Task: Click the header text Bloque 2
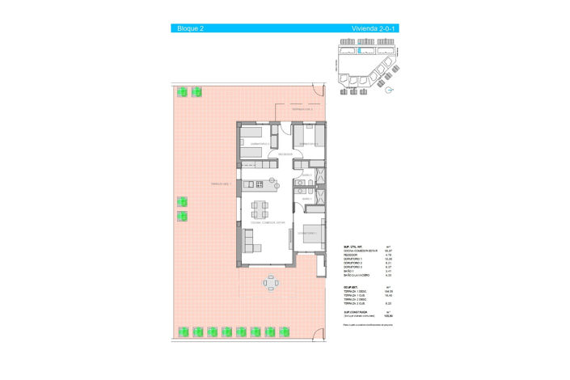click(x=190, y=28)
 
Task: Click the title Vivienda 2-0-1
click(x=374, y=28)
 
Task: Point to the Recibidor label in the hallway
click(x=285, y=154)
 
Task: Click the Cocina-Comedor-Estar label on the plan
click(x=268, y=222)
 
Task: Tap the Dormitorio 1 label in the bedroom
click(x=307, y=233)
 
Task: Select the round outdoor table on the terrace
click(x=271, y=283)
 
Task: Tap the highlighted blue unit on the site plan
click(x=361, y=50)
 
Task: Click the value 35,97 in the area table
click(x=387, y=251)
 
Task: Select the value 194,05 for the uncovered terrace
click(x=387, y=291)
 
